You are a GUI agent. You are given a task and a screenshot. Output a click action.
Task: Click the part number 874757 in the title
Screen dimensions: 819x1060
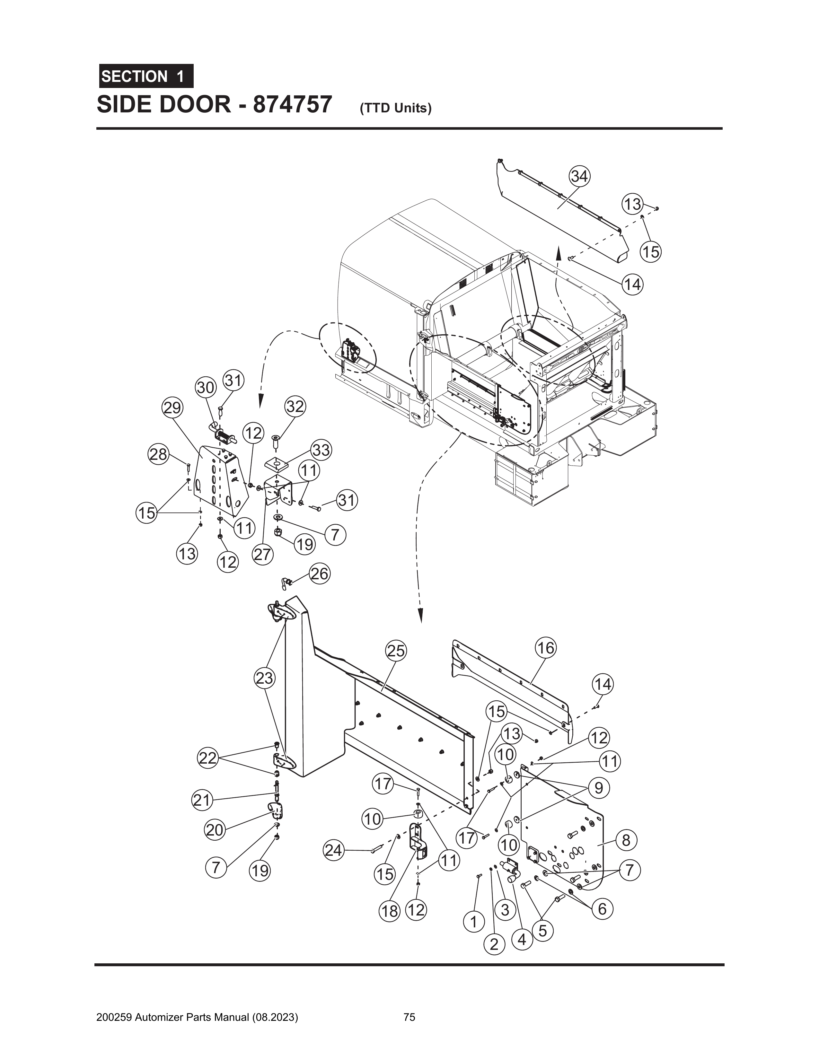[292, 104]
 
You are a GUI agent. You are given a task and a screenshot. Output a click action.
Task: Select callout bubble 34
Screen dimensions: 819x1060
[579, 177]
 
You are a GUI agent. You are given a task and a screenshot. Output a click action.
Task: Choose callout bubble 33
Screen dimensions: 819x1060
[321, 451]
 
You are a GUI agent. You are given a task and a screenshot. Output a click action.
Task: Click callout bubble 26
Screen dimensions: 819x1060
[320, 574]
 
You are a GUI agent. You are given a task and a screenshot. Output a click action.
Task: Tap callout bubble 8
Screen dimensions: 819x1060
[626, 840]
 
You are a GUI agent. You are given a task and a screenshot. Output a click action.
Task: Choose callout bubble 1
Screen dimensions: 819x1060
[473, 921]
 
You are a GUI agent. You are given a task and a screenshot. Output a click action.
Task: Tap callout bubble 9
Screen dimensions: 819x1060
[599, 787]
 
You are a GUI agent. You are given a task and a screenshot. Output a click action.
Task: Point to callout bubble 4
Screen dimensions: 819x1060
[522, 940]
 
